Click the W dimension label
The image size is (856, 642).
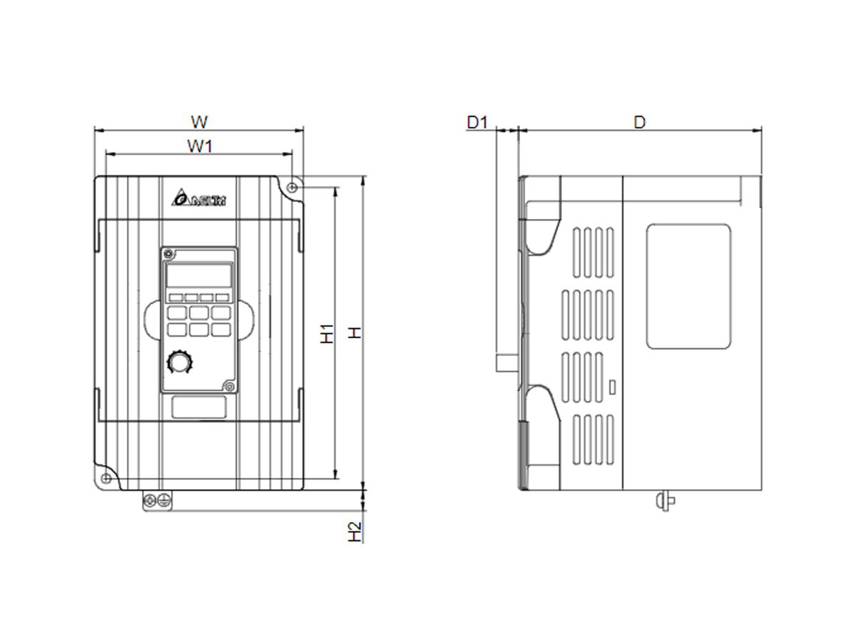(200, 120)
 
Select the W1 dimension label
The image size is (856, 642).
(200, 146)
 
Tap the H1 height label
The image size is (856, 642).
(327, 333)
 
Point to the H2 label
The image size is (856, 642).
(355, 531)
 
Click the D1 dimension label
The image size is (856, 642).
(477, 122)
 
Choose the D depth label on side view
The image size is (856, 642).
(640, 122)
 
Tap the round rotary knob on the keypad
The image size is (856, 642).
(177, 363)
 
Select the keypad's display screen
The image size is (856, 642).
(199, 275)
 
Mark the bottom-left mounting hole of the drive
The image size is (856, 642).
(106, 477)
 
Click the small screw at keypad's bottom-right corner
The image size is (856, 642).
(229, 386)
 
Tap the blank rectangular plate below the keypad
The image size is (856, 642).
(199, 407)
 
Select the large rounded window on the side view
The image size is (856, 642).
(688, 286)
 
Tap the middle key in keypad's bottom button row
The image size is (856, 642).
(199, 329)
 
